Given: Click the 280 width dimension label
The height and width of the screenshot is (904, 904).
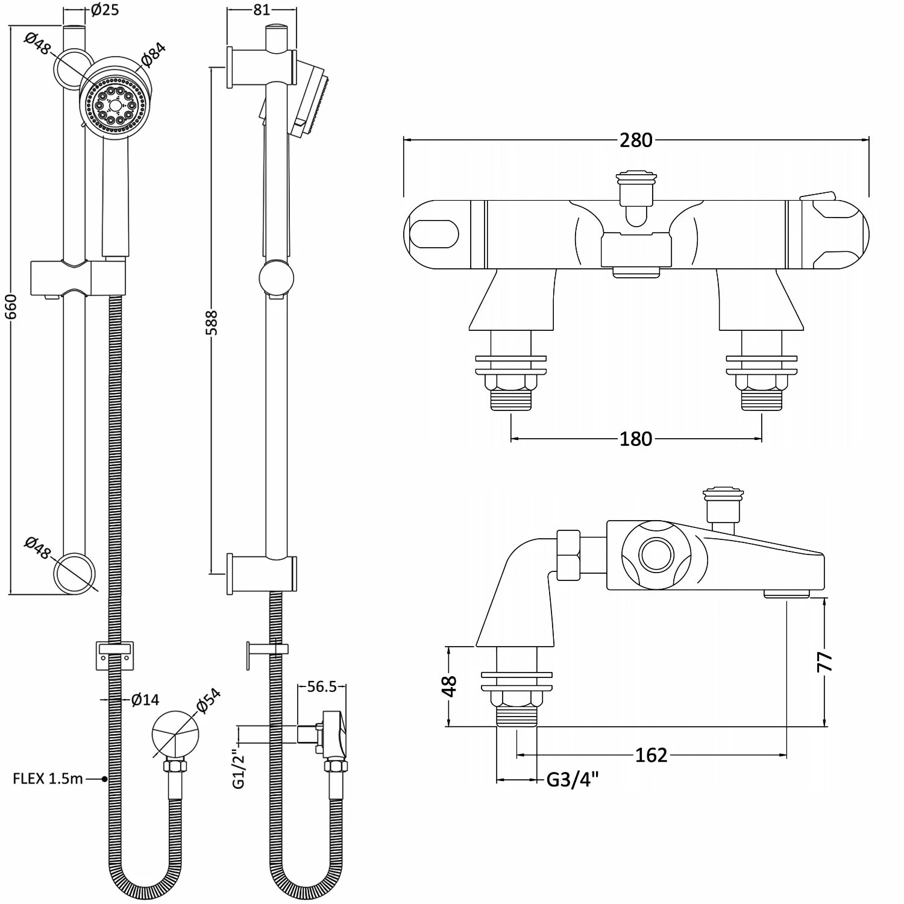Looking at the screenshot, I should coord(636,140).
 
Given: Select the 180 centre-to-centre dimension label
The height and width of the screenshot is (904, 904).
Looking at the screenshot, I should coord(636,439).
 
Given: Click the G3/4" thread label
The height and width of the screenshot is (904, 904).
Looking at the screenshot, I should coord(573,780).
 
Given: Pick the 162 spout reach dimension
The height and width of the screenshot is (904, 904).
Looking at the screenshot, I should coord(651,755).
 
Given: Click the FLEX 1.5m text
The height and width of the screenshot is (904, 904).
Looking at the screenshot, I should coord(48,779).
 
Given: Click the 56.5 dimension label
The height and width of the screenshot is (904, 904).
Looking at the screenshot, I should coord(322,687).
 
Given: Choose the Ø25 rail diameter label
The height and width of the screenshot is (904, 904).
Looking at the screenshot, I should coord(105,10).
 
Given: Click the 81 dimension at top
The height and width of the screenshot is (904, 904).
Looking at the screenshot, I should coord(262,10).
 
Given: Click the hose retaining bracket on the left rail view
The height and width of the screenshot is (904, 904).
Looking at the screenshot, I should coord(114,654).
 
